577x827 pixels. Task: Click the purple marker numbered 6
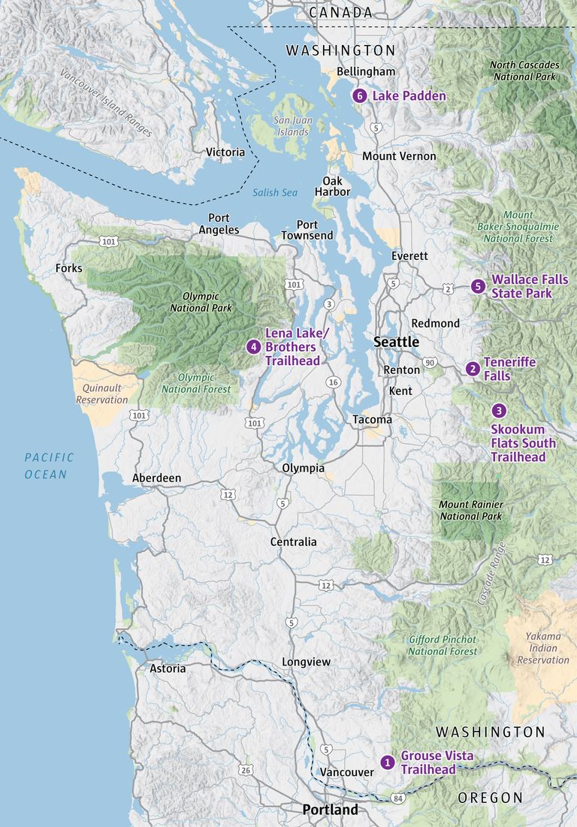tap(360, 96)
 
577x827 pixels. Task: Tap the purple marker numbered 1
tap(388, 762)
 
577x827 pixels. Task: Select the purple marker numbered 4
tap(254, 346)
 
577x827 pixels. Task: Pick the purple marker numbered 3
tap(499, 411)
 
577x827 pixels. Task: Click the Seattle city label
tap(397, 342)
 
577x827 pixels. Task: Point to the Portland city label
tap(330, 810)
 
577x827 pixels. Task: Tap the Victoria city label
tap(225, 152)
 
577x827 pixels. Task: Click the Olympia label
tap(304, 468)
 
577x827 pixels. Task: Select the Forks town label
tap(69, 268)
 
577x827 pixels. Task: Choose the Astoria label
tap(168, 668)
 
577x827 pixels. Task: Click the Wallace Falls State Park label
tap(530, 286)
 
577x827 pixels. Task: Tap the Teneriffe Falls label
tap(509, 369)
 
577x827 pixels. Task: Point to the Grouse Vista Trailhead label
tap(437, 762)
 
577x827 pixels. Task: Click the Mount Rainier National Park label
tap(471, 510)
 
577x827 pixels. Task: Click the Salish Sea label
tap(275, 192)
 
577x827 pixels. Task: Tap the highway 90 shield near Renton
tap(429, 363)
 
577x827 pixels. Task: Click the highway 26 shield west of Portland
tap(245, 770)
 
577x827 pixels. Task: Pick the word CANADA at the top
tap(340, 13)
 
